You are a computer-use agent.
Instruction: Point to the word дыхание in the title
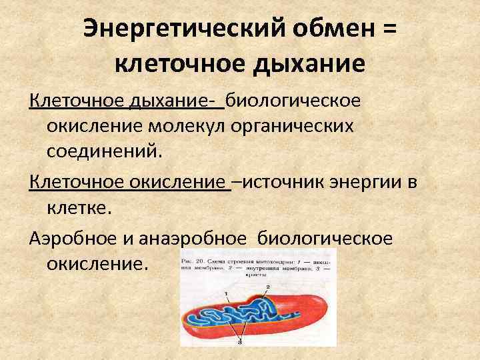313,65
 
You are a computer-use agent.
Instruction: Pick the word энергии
371,182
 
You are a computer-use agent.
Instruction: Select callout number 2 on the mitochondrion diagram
267,286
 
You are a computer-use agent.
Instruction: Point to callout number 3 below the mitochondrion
239,342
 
